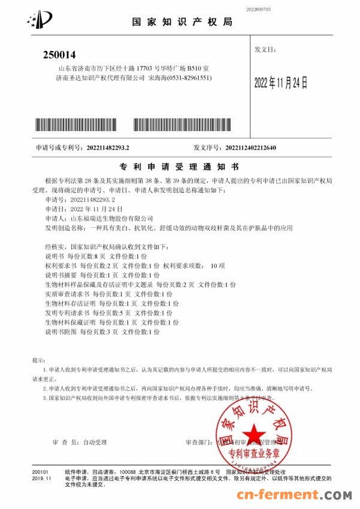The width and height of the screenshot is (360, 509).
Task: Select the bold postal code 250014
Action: (x=60, y=55)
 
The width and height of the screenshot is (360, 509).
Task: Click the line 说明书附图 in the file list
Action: (x=92, y=331)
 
